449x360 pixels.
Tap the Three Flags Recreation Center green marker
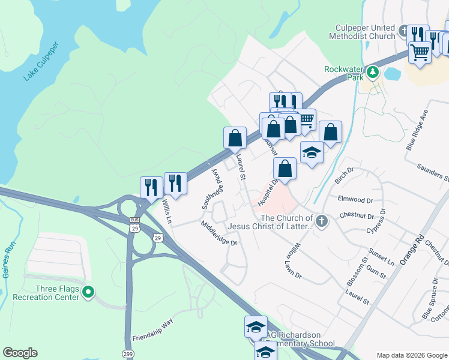pyautogui.click(x=88, y=293)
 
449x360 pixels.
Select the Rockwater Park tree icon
pyautogui.click(x=373, y=73)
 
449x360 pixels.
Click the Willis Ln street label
pyautogui.click(x=166, y=212)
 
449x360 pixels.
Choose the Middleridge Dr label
pyautogui.click(x=220, y=235)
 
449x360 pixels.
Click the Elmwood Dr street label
pyautogui.click(x=356, y=200)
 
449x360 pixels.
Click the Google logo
pyautogui.click(x=20, y=352)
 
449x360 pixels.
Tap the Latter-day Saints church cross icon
pyautogui.click(x=322, y=221)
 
